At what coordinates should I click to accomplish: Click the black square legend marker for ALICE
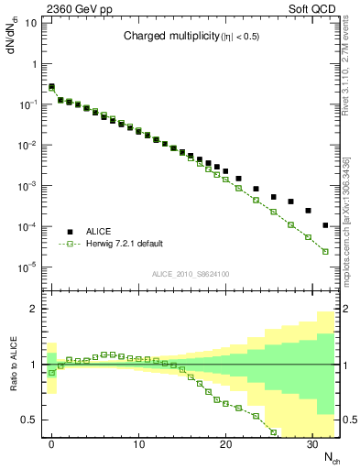[70, 232]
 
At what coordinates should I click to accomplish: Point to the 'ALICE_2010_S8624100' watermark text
[191, 274]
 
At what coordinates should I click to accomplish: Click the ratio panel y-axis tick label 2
[34, 309]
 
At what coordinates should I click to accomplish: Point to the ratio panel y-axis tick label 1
[34, 365]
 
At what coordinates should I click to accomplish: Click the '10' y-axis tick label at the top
[30, 22]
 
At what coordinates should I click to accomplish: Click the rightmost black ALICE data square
[325, 225]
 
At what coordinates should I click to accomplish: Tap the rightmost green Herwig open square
[325, 251]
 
